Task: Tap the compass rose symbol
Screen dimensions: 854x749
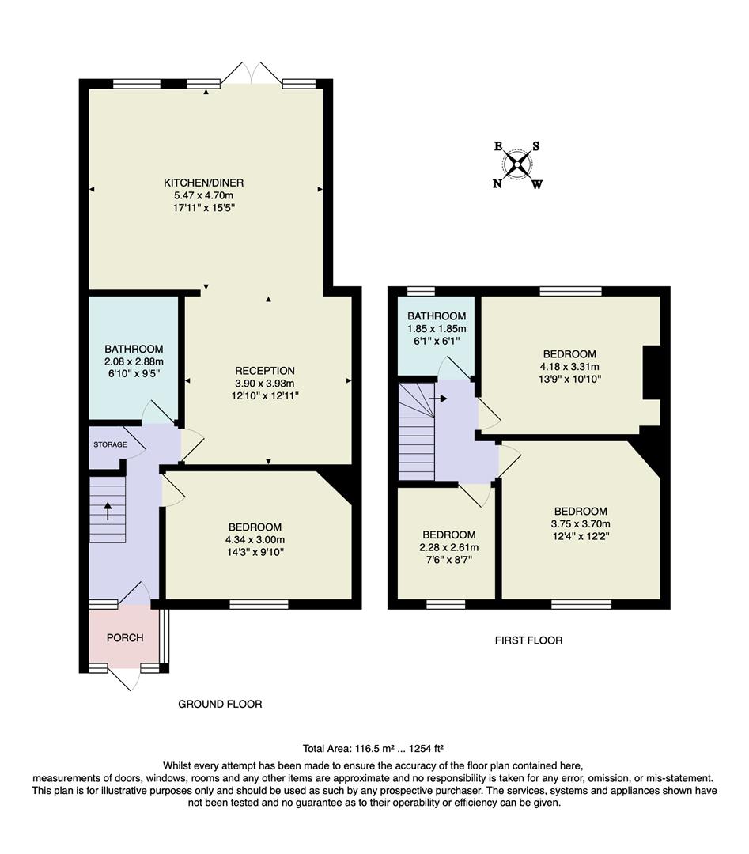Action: pyautogui.click(x=517, y=164)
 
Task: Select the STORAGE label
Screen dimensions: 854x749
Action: pyautogui.click(x=110, y=444)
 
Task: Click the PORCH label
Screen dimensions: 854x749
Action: pyautogui.click(x=124, y=637)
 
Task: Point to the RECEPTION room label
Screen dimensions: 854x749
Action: pyautogui.click(x=264, y=370)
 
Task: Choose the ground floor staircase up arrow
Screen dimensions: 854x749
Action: pyautogui.click(x=107, y=510)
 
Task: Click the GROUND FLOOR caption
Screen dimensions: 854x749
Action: pyautogui.click(x=220, y=704)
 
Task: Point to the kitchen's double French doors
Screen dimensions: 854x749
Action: pyautogui.click(x=252, y=75)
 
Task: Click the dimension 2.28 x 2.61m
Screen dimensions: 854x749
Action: pyautogui.click(x=448, y=547)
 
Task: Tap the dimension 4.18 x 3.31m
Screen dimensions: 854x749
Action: pyautogui.click(x=569, y=366)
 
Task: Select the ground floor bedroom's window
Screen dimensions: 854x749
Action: pyautogui.click(x=259, y=605)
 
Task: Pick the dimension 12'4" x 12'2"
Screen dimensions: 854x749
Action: pyautogui.click(x=581, y=535)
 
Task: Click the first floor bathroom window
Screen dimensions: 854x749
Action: pyautogui.click(x=421, y=291)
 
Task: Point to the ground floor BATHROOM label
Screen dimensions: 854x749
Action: pyautogui.click(x=134, y=349)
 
